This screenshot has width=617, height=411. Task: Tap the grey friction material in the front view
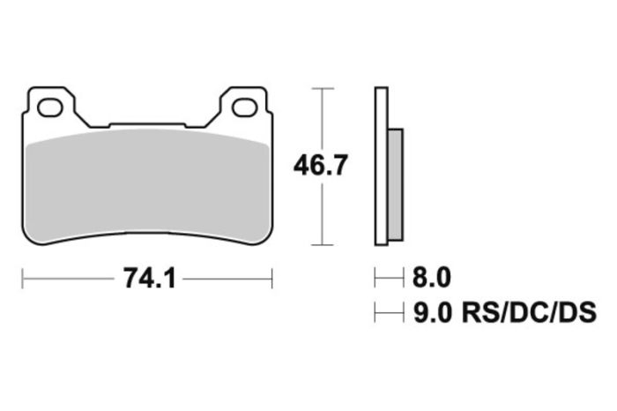[x=146, y=185]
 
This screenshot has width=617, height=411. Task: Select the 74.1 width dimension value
[x=147, y=280]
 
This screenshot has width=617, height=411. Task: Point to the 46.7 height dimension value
[x=323, y=165]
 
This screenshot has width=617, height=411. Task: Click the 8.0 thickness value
[x=432, y=280]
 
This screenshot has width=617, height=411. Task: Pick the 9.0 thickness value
[x=432, y=312]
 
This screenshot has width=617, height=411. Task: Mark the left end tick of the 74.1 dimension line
[x=22, y=280]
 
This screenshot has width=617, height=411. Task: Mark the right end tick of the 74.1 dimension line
[x=272, y=280]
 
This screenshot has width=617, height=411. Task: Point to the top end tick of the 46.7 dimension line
[x=323, y=88]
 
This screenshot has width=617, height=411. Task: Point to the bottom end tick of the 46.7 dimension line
[x=323, y=244]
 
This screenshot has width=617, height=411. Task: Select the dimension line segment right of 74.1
[x=227, y=280]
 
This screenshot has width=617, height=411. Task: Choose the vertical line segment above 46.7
[x=323, y=119]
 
